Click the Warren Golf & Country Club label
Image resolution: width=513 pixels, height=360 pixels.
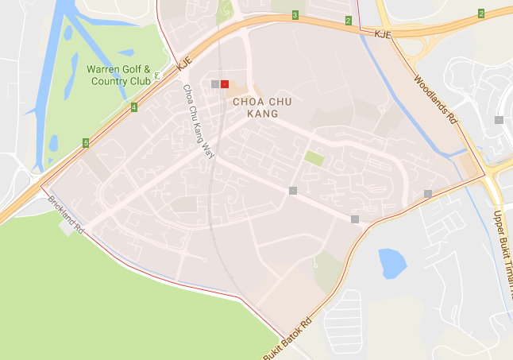coord(119,75)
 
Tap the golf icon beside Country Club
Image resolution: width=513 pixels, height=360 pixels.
coord(157,76)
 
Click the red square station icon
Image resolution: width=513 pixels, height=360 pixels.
coord(225,83)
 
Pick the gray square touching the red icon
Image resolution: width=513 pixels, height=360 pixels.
coord(216,83)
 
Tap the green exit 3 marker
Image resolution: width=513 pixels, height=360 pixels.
coord(295,15)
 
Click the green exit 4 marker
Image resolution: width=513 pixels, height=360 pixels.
coord(134,107)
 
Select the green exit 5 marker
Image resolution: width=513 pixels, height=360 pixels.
coord(85,144)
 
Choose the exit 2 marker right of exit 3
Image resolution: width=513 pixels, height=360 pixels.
coord(348,20)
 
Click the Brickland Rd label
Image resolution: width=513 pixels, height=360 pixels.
coord(66,214)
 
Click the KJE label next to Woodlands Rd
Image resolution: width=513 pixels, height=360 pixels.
coord(384,34)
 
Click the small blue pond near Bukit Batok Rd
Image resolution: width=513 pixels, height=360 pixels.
coord(391,263)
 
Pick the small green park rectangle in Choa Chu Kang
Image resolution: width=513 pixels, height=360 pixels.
coord(314,158)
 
